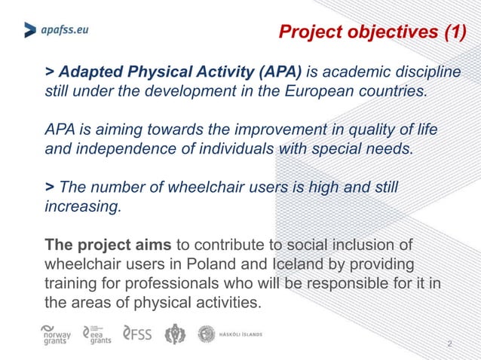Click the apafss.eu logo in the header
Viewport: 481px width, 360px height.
[x=56, y=30]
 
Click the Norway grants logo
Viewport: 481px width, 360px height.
[x=57, y=334]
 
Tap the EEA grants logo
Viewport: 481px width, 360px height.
[x=98, y=334]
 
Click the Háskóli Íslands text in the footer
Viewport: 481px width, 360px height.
[x=240, y=333]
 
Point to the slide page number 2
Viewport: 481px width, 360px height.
[x=449, y=344]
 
